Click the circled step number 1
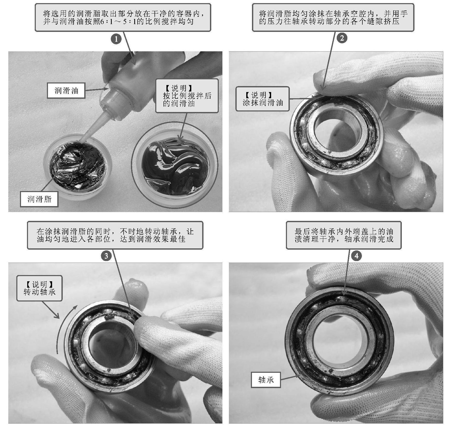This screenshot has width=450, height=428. pos(116,39)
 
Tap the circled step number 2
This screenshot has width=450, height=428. pos(342,38)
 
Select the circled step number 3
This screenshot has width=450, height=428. pos(106,256)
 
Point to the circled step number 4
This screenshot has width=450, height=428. pos(356,256)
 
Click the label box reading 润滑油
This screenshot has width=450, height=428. pos(66,90)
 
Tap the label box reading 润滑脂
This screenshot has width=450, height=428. pos(39,199)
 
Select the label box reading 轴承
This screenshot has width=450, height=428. pos(266,380)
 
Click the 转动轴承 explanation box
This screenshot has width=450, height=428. pos(39,288)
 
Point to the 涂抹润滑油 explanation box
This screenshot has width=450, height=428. pos(262,99)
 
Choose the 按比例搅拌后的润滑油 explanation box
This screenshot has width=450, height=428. pos(187,96)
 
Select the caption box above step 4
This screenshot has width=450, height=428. pos(344,235)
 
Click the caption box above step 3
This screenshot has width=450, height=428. pos(115,235)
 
